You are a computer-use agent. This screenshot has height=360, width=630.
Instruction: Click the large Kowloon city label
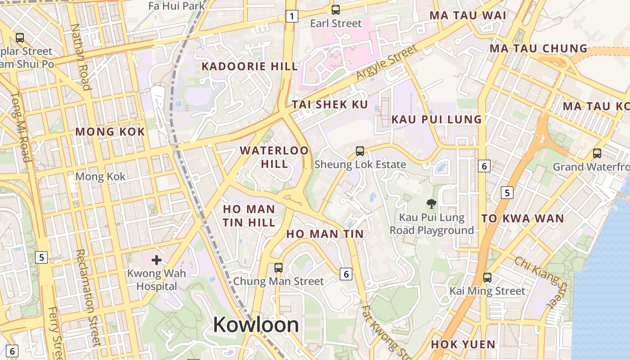pyautogui.click(x=256, y=324)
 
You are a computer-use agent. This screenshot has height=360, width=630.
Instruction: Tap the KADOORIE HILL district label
pyautogui.click(x=250, y=67)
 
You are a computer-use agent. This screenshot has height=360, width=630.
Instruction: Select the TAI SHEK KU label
pyautogui.click(x=330, y=105)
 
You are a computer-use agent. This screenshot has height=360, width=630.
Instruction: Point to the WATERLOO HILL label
pyautogui.click(x=274, y=157)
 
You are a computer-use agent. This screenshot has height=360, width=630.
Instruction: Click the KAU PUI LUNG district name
pyautogui.click(x=436, y=119)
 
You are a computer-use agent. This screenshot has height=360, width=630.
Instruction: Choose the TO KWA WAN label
pyautogui.click(x=522, y=219)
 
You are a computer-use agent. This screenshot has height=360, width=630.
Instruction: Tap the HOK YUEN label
pyautogui.click(x=463, y=344)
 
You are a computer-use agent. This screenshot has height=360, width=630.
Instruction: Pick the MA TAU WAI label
pyautogui.click(x=468, y=15)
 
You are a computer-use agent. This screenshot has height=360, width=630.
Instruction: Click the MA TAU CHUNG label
pyautogui.click(x=538, y=48)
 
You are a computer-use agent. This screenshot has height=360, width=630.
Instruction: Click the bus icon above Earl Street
pyautogui.click(x=335, y=9)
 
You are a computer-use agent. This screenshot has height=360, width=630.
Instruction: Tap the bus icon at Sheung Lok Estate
pyautogui.click(x=360, y=151)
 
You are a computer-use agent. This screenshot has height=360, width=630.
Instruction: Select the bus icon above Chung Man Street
pyautogui.click(x=279, y=268)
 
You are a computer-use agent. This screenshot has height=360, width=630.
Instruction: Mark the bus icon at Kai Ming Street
pyautogui.click(x=487, y=277)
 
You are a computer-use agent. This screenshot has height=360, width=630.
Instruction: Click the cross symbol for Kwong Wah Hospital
pyautogui.click(x=157, y=260)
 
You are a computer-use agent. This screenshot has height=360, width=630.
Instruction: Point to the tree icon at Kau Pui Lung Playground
pyautogui.click(x=431, y=204)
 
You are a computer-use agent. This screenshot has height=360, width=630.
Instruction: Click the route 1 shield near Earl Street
pyautogui.click(x=292, y=17)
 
